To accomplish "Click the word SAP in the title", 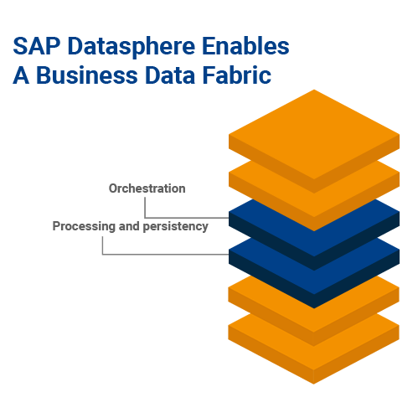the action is (x=37, y=46).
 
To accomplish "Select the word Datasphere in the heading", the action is (x=132, y=48).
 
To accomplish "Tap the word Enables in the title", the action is (x=245, y=45).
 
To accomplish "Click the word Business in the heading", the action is (x=87, y=75).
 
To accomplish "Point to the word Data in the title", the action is (x=170, y=75).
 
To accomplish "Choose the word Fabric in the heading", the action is (x=237, y=75).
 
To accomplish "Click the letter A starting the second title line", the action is (x=21, y=75).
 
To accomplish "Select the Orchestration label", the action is (x=147, y=188).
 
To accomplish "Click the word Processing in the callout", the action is (x=84, y=227).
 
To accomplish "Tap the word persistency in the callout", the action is (x=176, y=227).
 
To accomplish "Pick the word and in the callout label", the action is (x=129, y=226).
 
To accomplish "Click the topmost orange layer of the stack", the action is (x=314, y=137).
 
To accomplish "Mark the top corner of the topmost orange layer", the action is (x=314, y=90).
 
